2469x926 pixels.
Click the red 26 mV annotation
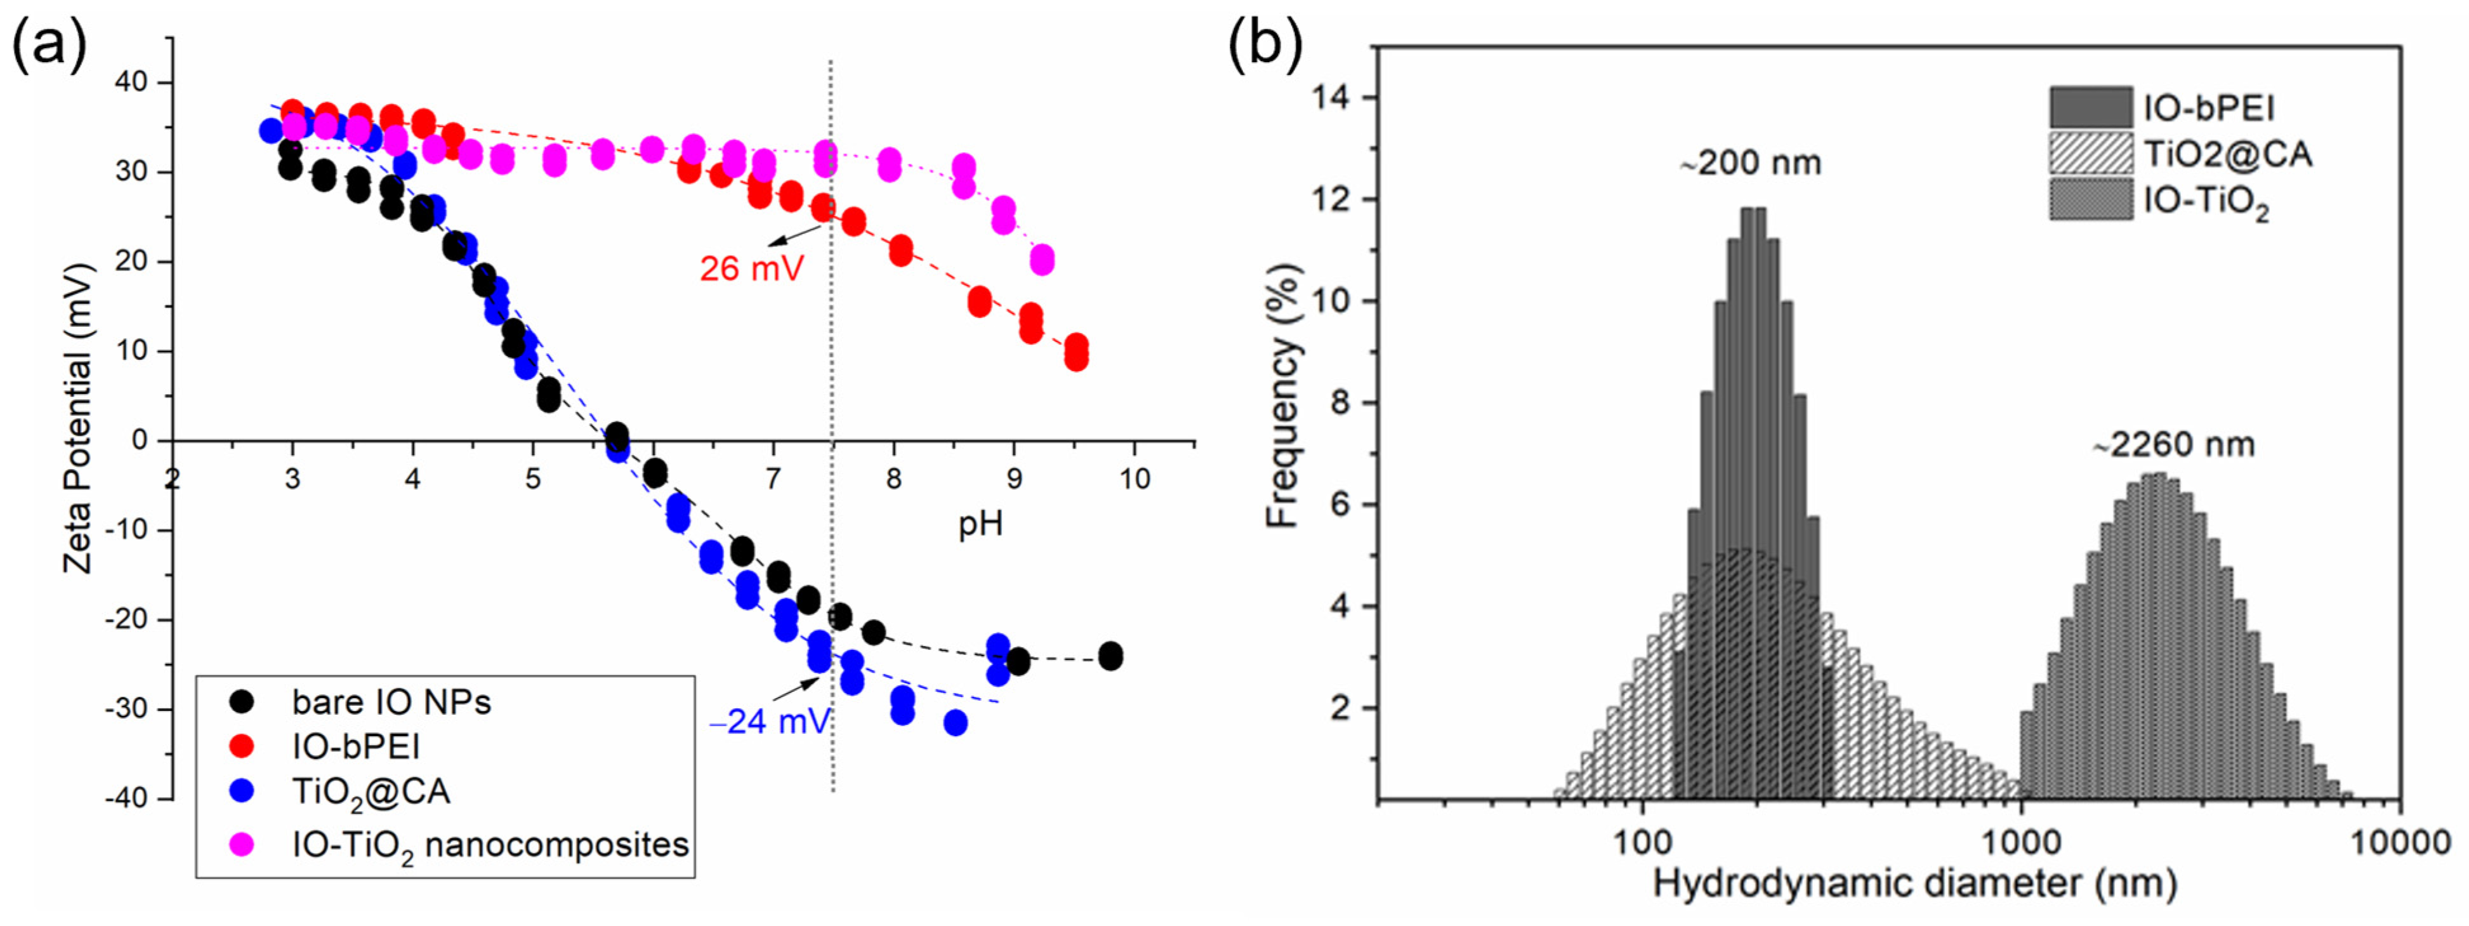coord(751,269)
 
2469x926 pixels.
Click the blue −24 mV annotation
coord(770,721)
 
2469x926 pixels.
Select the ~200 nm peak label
coord(1750,164)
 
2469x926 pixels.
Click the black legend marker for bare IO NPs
coord(244,702)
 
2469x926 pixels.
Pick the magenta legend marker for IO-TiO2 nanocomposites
coord(244,843)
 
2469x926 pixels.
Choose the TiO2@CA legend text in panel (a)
coord(371,793)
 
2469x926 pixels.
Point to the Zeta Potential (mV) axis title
coord(79,418)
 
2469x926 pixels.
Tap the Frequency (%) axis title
coord(1282,396)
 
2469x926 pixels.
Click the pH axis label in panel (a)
coord(980,524)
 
